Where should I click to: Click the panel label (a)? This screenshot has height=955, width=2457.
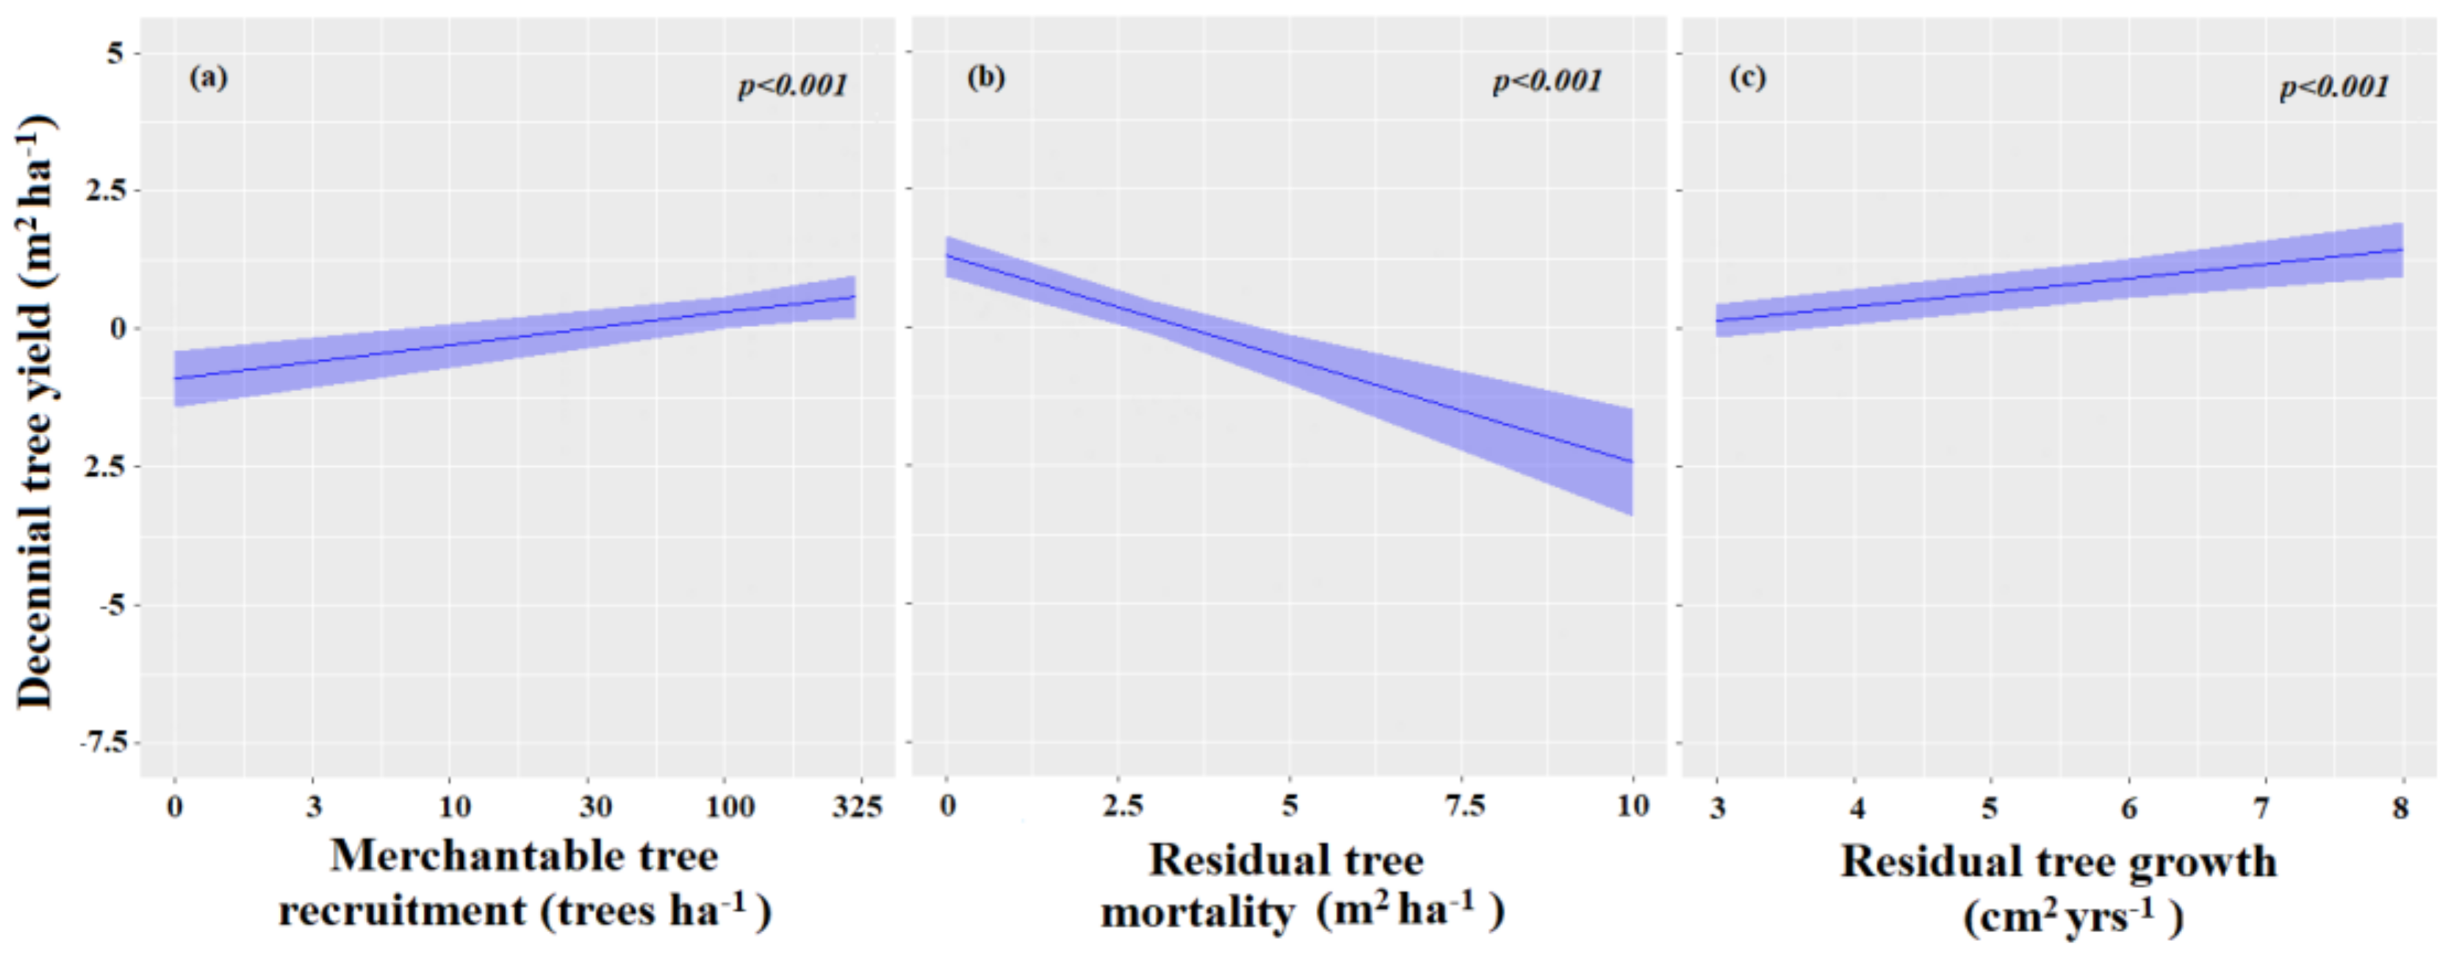[208, 77]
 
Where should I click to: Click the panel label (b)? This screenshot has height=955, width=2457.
[985, 77]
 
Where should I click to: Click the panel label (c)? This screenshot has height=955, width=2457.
[1747, 77]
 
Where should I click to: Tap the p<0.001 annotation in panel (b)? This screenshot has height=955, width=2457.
[1547, 82]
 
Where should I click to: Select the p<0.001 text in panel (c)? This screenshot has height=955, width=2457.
[2334, 87]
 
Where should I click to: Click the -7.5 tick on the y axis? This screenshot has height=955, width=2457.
[102, 743]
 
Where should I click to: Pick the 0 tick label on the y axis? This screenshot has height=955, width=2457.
[118, 328]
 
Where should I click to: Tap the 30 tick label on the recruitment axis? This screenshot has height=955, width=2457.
[595, 808]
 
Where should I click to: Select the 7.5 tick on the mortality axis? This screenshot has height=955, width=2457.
[1464, 807]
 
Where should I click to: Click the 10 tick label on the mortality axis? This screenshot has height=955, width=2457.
[1633, 807]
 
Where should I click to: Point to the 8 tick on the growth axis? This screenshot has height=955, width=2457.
[2400, 809]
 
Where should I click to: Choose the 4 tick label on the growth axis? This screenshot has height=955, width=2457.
[1856, 809]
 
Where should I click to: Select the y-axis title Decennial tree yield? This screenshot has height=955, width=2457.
[35, 410]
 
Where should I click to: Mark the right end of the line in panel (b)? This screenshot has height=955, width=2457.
[1632, 462]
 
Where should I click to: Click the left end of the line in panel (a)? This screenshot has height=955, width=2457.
[176, 379]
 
